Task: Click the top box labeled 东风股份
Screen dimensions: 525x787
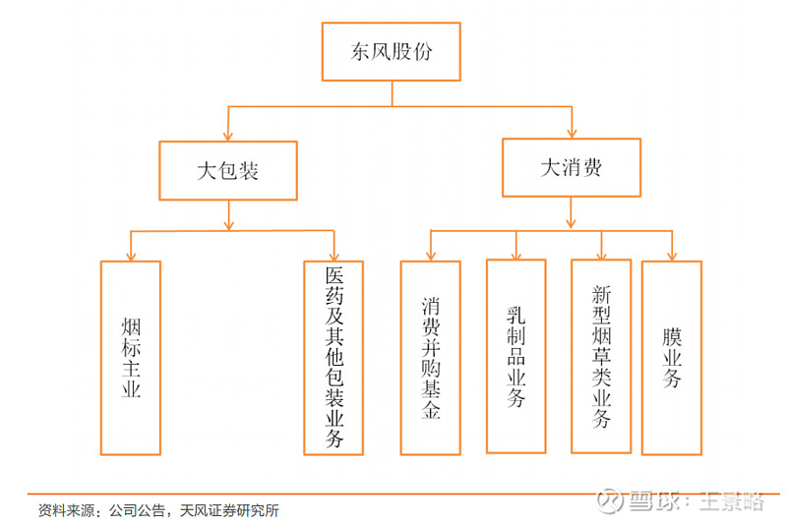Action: pyautogui.click(x=392, y=52)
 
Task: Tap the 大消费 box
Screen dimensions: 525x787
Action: pyautogui.click(x=571, y=167)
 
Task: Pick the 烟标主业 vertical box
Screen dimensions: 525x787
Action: pyautogui.click(x=131, y=357)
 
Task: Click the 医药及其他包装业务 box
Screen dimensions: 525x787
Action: pyautogui.click(x=333, y=357)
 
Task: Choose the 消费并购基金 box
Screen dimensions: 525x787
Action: pyautogui.click(x=430, y=357)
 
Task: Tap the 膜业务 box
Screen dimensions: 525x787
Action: pyautogui.click(x=672, y=357)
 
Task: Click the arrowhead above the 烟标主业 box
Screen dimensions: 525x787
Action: pyautogui.click(x=131, y=255)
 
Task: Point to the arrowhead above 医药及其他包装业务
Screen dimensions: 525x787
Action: pyautogui.click(x=333, y=255)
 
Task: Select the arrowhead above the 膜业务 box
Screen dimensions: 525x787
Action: pyautogui.click(x=672, y=255)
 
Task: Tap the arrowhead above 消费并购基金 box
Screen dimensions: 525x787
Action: pyautogui.click(x=430, y=255)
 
